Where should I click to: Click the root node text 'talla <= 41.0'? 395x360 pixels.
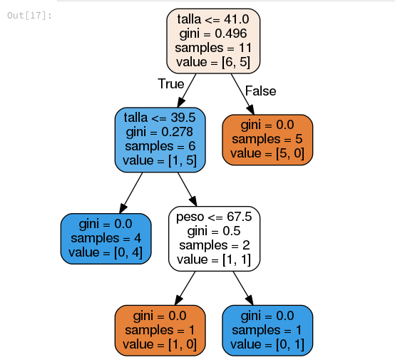pos(213,19)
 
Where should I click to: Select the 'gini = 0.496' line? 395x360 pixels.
pos(213,34)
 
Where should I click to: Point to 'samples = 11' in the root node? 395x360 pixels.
pos(213,48)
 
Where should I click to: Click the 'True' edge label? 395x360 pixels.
pos(171,83)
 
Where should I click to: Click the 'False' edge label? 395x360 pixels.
pos(260,91)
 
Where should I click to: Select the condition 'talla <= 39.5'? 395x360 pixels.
pos(160,118)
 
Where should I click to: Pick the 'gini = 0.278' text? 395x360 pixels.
pos(160,132)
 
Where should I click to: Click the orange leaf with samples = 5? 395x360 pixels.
pos(267,140)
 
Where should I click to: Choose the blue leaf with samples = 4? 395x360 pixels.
pos(106,239)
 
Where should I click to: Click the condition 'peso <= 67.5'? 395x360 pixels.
pos(214,217)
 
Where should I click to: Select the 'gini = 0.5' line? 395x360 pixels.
pos(214,231)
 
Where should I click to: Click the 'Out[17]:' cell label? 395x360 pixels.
pos(30,16)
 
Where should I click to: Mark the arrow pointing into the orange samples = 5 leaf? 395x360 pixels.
pos(242,94)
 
